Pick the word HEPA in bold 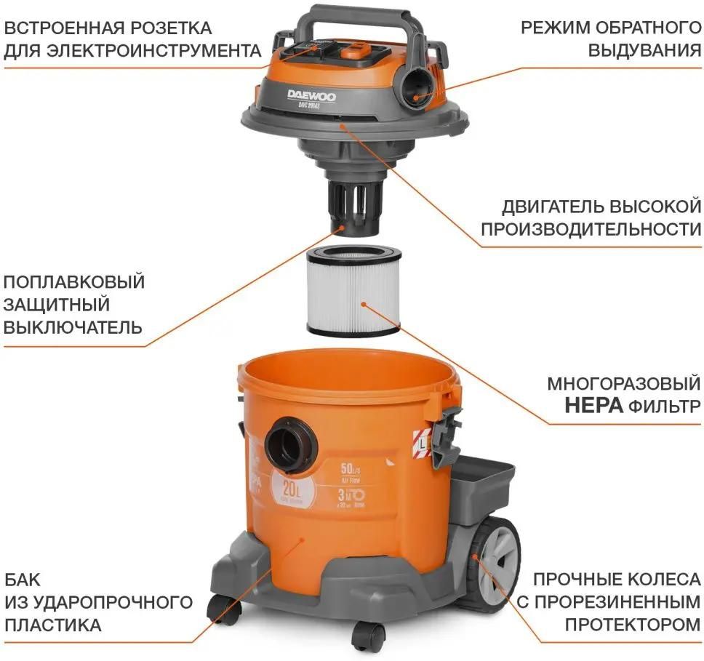[593, 405]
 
